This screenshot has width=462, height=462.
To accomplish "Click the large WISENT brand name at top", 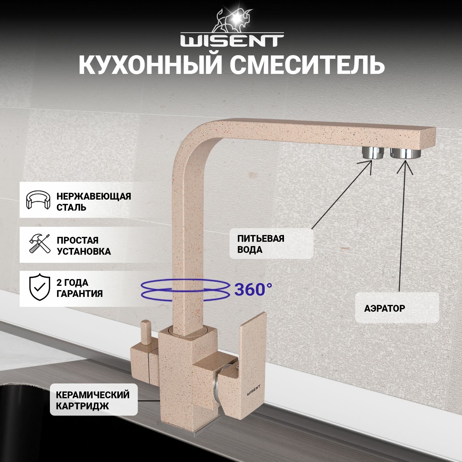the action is coord(232,41).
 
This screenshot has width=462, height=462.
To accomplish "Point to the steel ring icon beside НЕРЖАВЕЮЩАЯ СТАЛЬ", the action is coord(38,200).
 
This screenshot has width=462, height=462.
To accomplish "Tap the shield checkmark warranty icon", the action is coord(39,288).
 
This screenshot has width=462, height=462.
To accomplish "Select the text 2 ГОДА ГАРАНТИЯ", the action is coord(79,288).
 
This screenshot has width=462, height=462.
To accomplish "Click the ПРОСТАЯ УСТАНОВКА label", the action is coord(84,246).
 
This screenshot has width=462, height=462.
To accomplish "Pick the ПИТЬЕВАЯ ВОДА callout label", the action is coord(261,244).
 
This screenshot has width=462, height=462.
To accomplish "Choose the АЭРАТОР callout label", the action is coord(384,308).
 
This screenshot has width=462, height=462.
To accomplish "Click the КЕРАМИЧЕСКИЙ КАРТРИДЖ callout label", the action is coord(93,400).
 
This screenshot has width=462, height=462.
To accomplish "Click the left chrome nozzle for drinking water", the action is coord(373,152).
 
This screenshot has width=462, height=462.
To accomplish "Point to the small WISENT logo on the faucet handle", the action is coord(254,393).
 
